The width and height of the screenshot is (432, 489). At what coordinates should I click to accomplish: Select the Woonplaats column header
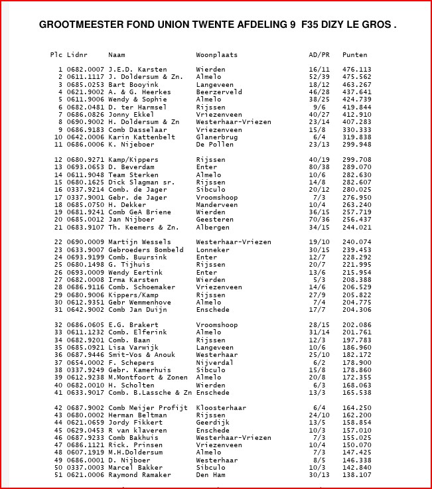[216, 54]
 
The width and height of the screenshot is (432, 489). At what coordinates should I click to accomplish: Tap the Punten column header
[355, 54]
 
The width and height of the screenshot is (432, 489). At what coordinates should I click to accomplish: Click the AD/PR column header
[319, 54]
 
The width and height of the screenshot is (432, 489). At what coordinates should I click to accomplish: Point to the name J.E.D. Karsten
[137, 69]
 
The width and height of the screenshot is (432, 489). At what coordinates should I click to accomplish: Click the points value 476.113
[357, 69]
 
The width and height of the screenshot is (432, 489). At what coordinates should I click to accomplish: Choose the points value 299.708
[357, 160]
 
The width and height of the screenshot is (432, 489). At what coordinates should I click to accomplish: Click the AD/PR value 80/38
[319, 167]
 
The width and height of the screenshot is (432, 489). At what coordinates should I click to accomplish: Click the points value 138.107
[357, 475]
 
